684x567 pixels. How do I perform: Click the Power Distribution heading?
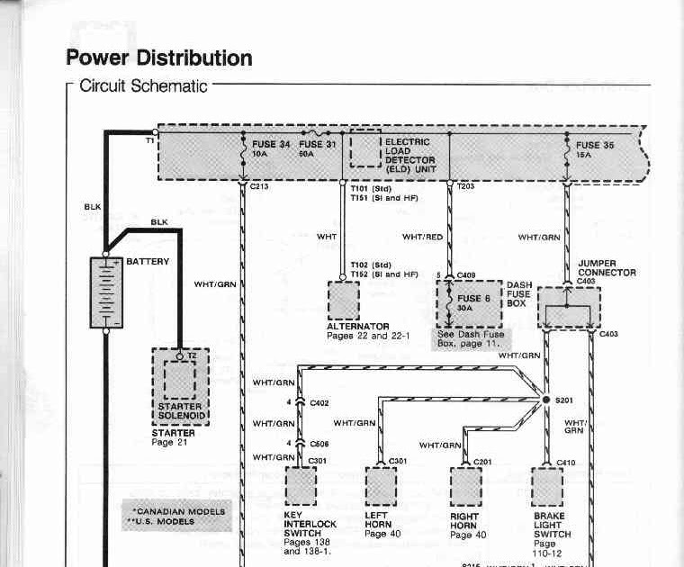coord(158,58)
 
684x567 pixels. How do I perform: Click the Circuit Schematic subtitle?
coord(144,87)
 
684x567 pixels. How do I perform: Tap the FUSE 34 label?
coord(271,144)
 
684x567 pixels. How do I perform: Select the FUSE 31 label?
coord(317,144)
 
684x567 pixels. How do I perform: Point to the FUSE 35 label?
coord(595,145)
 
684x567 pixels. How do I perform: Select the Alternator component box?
coord(343,301)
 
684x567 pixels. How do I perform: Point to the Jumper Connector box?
coord(569,308)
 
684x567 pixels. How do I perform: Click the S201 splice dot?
coord(545,400)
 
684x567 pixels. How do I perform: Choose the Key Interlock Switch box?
coord(301,487)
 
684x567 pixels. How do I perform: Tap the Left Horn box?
coord(381,487)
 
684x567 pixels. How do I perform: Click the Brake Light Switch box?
coord(546,487)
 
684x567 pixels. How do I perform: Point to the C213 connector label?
coord(258,186)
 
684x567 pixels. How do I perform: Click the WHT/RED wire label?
coord(422,237)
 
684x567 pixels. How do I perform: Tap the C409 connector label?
coord(466,274)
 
